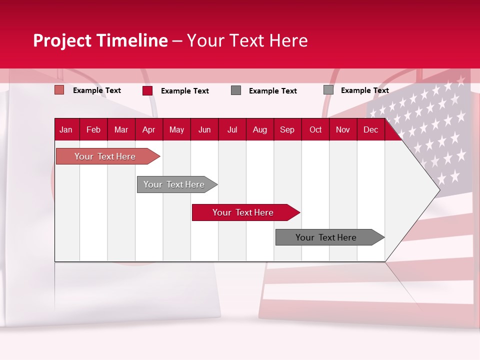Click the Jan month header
click(x=66, y=130)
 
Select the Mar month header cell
click(x=121, y=130)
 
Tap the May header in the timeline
click(x=176, y=130)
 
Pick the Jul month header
click(x=232, y=130)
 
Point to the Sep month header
click(x=287, y=130)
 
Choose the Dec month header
click(x=370, y=130)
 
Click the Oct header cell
click(x=315, y=130)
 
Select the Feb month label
click(x=93, y=130)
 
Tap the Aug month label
click(x=259, y=130)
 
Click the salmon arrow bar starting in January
click(x=105, y=156)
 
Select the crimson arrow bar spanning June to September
click(x=243, y=212)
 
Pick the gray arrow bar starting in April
click(x=174, y=184)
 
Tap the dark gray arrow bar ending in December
click(x=326, y=237)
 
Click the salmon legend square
click(x=59, y=90)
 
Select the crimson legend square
click(x=147, y=90)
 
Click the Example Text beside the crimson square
click(x=185, y=91)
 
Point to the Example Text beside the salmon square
click(x=97, y=90)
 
